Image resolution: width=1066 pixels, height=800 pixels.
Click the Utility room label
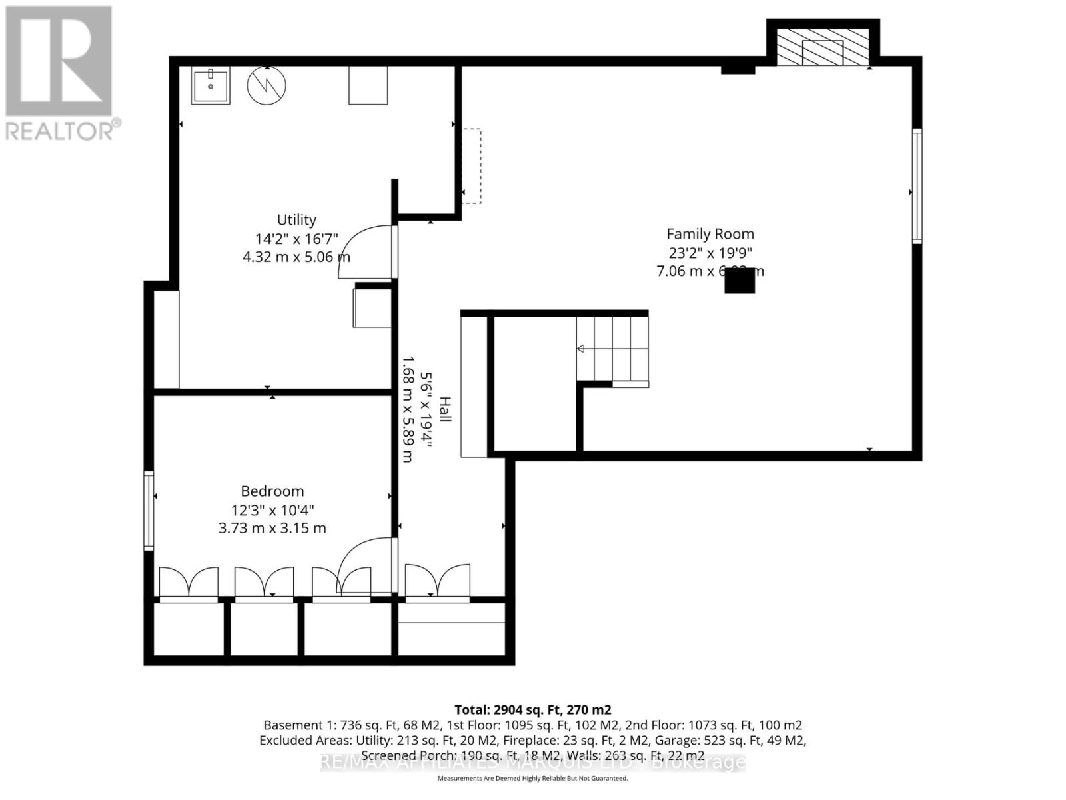[x=296, y=220]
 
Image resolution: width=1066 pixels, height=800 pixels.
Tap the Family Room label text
[x=710, y=234]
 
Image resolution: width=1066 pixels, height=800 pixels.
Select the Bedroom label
[x=272, y=491]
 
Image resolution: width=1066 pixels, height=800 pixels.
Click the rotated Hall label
[x=445, y=409]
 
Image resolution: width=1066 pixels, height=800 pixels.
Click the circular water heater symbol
[x=266, y=85]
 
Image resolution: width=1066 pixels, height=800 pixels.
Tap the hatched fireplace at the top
[x=823, y=52]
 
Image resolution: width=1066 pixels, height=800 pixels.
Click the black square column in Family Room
[x=740, y=281]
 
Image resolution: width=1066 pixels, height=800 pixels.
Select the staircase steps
[x=612, y=348]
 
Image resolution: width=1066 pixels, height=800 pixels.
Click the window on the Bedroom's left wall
[x=149, y=510]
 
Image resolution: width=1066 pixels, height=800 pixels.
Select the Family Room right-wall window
[x=917, y=186]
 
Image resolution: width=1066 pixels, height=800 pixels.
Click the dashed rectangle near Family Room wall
[x=472, y=165]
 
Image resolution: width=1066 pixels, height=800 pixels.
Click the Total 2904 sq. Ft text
[x=532, y=710]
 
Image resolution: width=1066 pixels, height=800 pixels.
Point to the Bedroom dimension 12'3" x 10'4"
[x=272, y=511]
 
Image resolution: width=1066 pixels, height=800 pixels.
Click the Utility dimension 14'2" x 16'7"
[x=296, y=239]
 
